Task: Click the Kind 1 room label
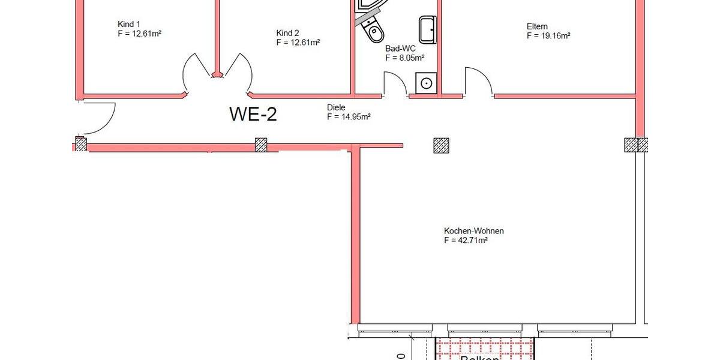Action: click(129, 24)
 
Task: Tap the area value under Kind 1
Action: click(139, 34)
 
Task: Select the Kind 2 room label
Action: click(287, 33)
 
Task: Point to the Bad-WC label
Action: click(400, 49)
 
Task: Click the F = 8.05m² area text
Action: click(405, 58)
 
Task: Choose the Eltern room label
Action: click(537, 26)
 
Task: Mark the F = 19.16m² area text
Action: click(548, 36)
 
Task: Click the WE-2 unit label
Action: click(253, 114)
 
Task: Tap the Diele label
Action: click(336, 107)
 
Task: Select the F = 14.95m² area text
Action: click(349, 117)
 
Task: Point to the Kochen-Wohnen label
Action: click(473, 231)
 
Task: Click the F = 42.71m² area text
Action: click(466, 241)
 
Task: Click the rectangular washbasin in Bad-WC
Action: click(428, 29)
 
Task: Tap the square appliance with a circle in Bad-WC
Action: click(427, 83)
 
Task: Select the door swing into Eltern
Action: click(477, 81)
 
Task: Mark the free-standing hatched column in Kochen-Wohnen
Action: click(441, 145)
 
